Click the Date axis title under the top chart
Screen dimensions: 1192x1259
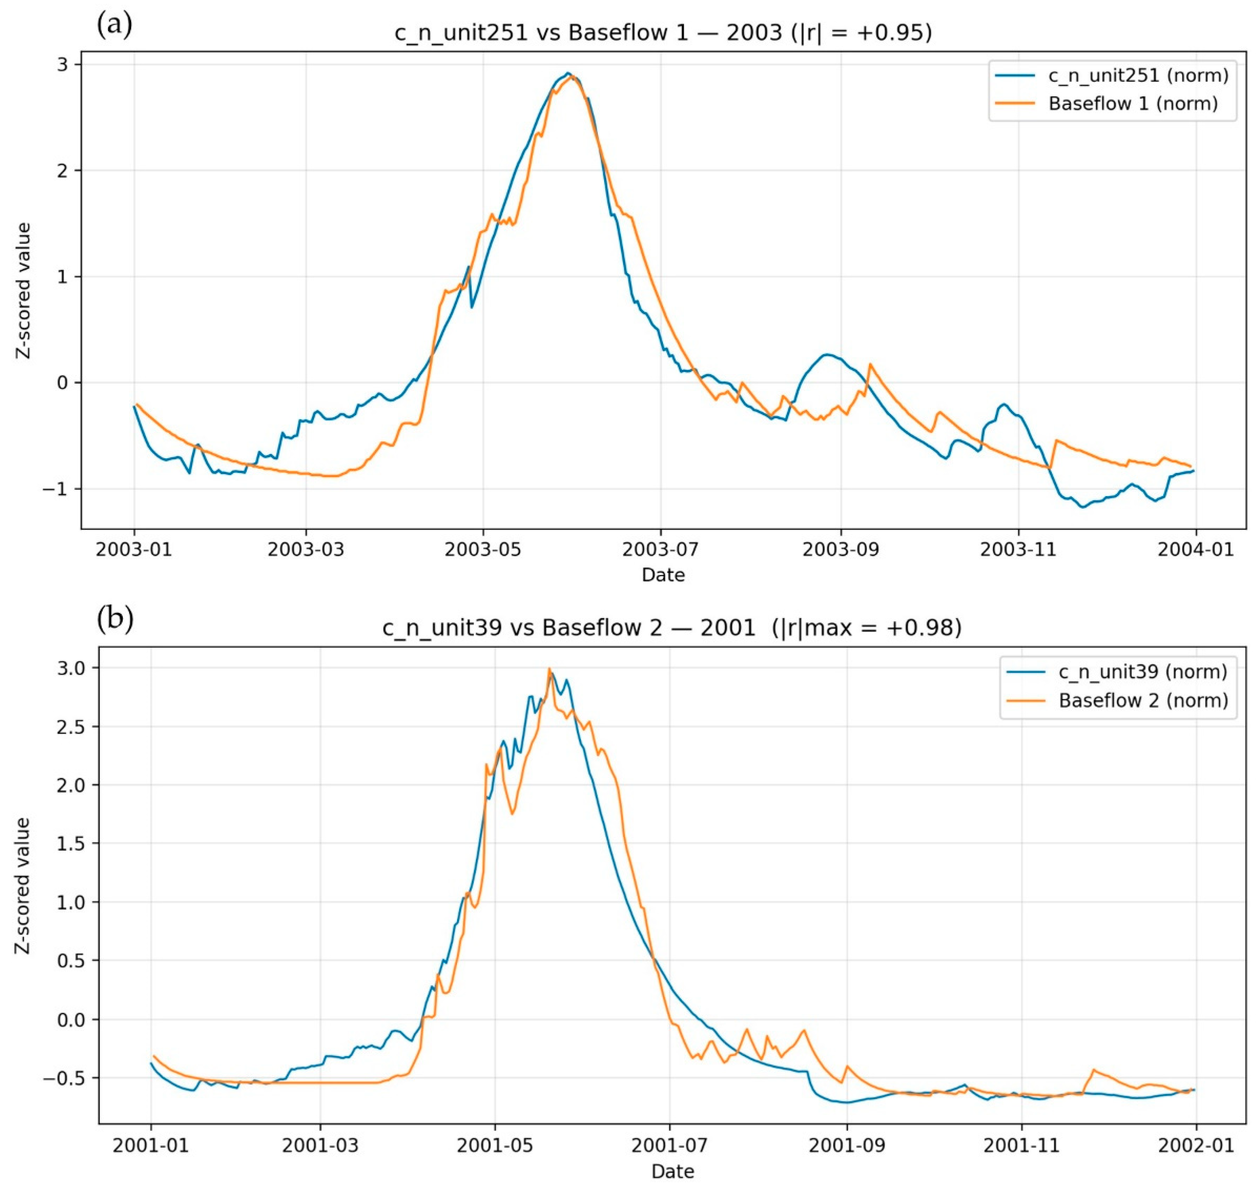click(x=663, y=575)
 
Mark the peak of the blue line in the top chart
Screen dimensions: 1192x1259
click(x=569, y=73)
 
